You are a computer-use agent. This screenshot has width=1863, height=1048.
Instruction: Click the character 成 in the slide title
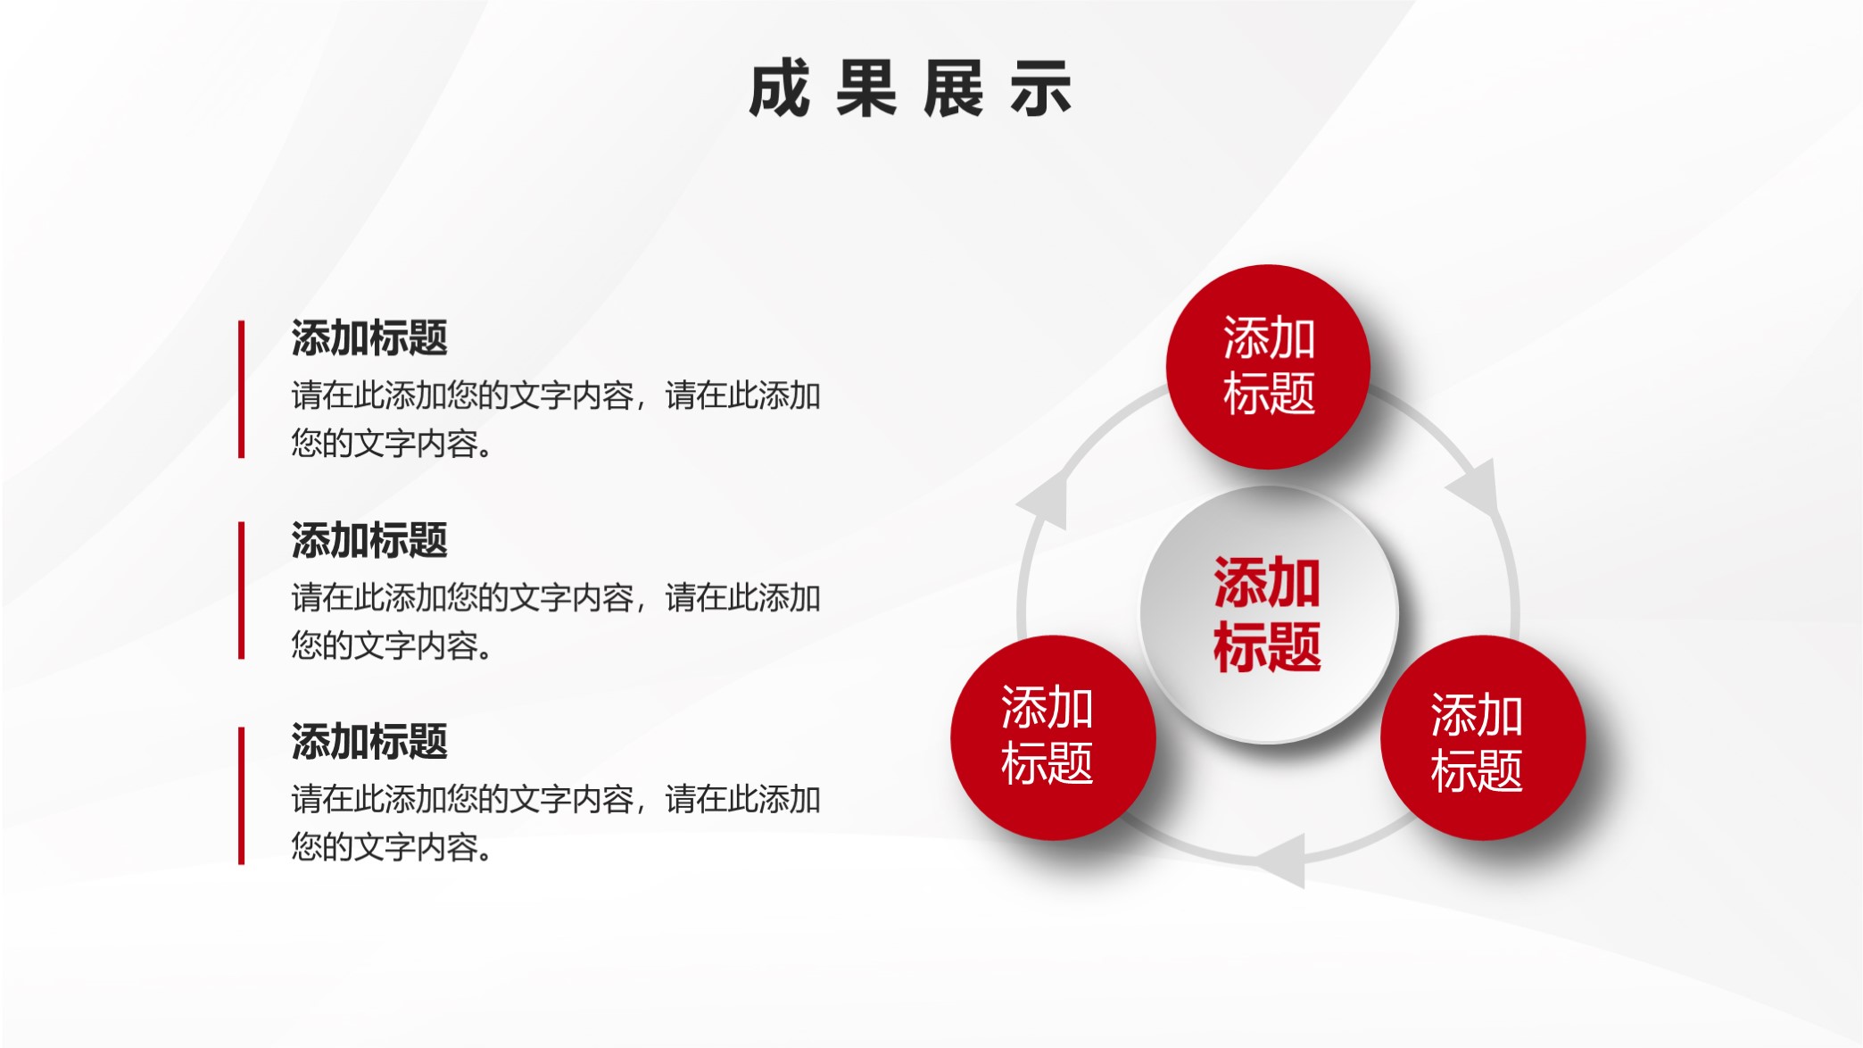click(779, 89)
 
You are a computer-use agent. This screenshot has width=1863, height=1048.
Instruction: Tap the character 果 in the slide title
click(865, 89)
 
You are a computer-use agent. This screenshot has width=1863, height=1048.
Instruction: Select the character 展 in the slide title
click(953, 89)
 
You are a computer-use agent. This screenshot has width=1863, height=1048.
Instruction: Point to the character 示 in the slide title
click(1040, 89)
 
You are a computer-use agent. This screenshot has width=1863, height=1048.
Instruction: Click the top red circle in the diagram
click(1268, 367)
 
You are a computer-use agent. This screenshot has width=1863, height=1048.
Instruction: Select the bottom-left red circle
click(1053, 737)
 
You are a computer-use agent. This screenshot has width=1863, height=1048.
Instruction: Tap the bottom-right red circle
click(1482, 737)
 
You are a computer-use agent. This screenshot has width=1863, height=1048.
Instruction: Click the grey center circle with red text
click(1268, 614)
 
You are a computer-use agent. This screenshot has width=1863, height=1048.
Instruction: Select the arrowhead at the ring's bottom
click(1285, 861)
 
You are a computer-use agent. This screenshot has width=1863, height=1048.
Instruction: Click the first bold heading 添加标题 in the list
click(369, 338)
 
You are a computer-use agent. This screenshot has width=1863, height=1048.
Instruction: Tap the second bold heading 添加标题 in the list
click(369, 541)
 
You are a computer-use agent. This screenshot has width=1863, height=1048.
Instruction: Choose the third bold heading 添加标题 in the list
click(369, 742)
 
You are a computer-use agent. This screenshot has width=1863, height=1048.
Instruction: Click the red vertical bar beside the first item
click(241, 389)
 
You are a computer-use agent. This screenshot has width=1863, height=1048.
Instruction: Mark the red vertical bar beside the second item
click(241, 591)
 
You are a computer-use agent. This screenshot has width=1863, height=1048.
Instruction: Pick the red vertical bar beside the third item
click(241, 795)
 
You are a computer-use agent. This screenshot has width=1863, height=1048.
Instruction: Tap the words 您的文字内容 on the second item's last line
click(385, 645)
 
